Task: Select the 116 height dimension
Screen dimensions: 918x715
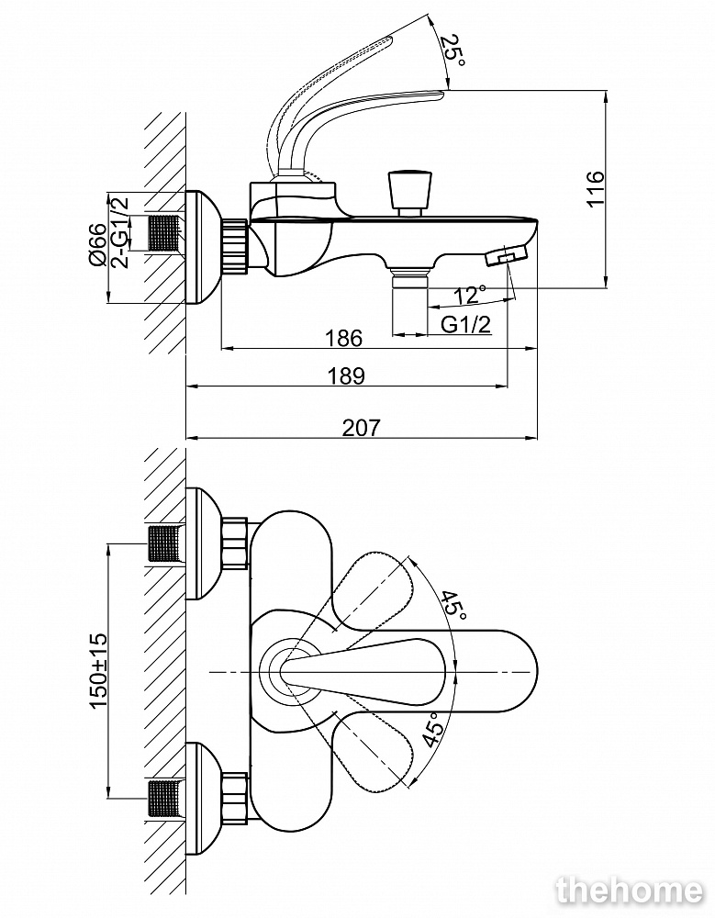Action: (596, 190)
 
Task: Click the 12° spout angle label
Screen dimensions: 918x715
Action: (469, 295)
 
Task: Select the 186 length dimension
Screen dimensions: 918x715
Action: (344, 338)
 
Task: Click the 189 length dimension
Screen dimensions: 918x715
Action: (346, 375)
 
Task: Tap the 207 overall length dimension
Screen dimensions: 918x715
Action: (361, 427)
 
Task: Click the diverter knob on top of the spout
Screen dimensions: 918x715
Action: (408, 191)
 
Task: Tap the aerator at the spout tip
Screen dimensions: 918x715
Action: (508, 255)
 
